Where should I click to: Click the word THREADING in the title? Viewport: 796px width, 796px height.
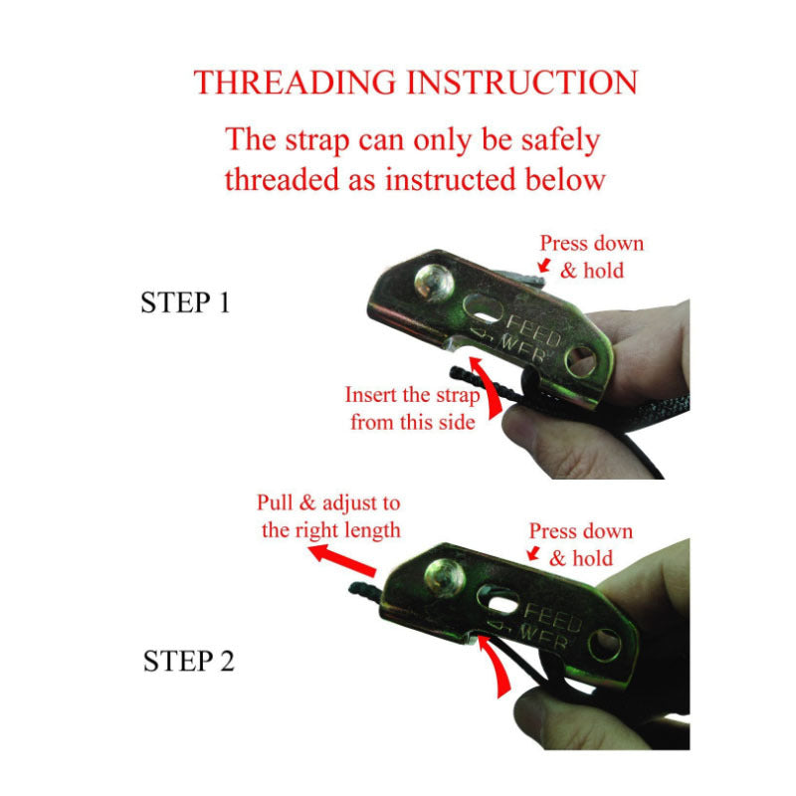pos(295,83)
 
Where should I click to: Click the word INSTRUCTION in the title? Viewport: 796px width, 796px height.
pos(522,83)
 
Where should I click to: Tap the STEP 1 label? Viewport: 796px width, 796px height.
pos(185,302)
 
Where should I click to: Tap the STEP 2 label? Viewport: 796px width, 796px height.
pos(189,661)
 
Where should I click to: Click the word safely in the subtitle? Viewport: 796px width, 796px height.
pos(561,140)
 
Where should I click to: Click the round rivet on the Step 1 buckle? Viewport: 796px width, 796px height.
pos(434,283)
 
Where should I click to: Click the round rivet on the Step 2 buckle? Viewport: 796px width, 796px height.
pos(445,577)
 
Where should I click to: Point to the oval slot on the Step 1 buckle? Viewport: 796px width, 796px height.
pos(485,309)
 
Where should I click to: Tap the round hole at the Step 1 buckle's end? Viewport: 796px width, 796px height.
pos(582,361)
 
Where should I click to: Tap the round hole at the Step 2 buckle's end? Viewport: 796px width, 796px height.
pos(605,644)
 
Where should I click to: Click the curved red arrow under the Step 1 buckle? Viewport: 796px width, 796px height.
pos(489,387)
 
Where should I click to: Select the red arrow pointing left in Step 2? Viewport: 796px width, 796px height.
pos(342,559)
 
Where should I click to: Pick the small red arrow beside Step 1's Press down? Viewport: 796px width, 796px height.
pos(544,265)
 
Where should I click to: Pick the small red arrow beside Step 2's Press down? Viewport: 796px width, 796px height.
pos(533,553)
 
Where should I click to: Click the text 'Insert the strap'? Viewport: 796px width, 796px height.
pos(412,395)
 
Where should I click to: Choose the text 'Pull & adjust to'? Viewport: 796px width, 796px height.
pos(328,502)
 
